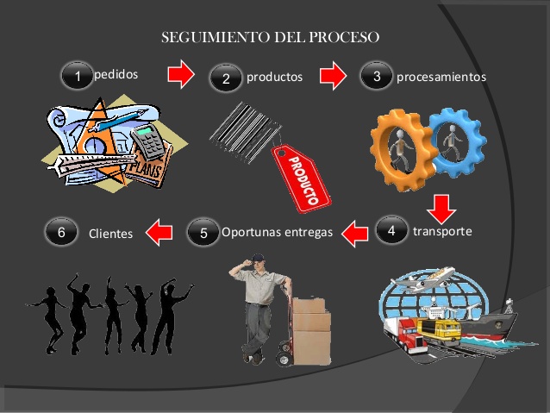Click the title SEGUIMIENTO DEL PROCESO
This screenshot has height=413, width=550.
click(271, 39)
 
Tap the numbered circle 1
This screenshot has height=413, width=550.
click(78, 77)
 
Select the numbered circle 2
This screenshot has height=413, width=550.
click(226, 78)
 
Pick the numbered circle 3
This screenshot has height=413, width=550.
click(377, 76)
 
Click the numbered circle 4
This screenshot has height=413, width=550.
click(391, 230)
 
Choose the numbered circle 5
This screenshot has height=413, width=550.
click(203, 232)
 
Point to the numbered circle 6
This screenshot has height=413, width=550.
click(61, 232)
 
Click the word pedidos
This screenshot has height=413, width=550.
click(116, 74)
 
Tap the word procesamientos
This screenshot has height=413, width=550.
click(441, 77)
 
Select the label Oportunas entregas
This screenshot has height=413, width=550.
click(277, 232)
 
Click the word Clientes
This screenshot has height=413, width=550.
click(111, 233)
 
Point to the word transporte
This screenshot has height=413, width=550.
click(442, 231)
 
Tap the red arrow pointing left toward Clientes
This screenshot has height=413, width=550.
click(156, 230)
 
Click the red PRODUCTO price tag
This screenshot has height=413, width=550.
click(302, 176)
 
